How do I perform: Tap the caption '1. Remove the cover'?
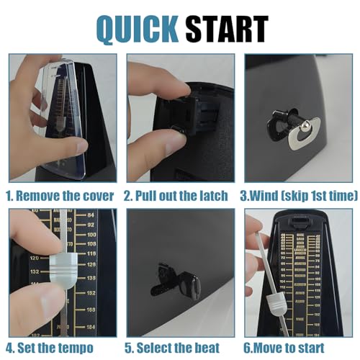point(60,194)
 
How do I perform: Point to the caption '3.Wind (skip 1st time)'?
point(298,194)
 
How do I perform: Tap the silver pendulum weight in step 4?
point(61,267)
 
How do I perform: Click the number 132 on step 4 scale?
point(33,271)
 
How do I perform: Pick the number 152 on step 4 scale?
point(91,294)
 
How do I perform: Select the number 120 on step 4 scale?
point(33,256)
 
